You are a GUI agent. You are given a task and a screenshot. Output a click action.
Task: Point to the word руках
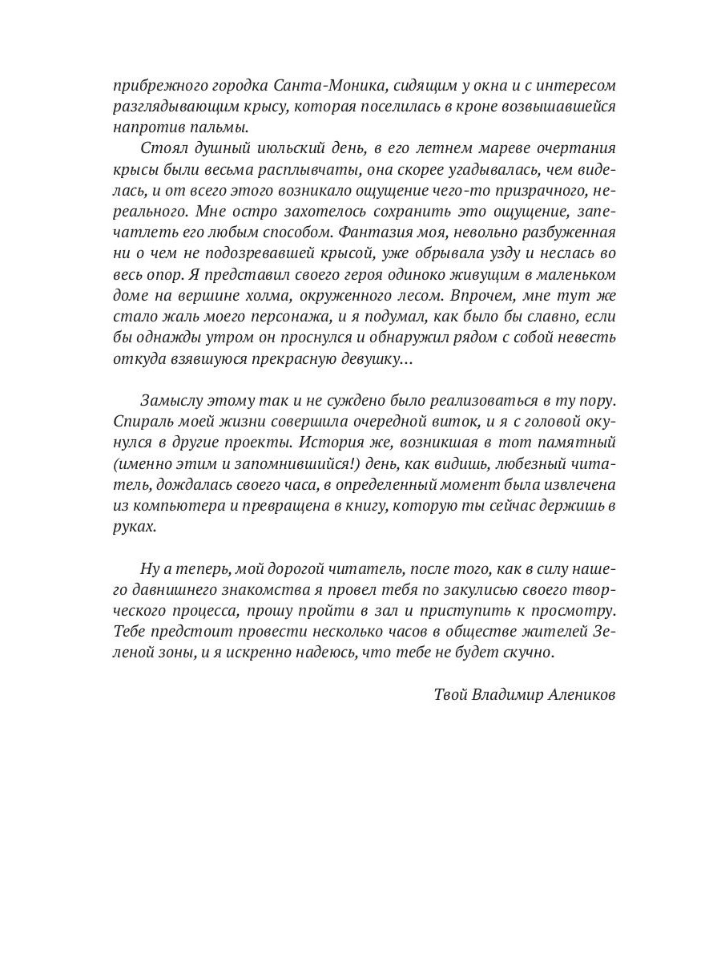[x=135, y=527]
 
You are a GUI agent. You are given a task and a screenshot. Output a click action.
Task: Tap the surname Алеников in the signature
[x=582, y=695]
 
